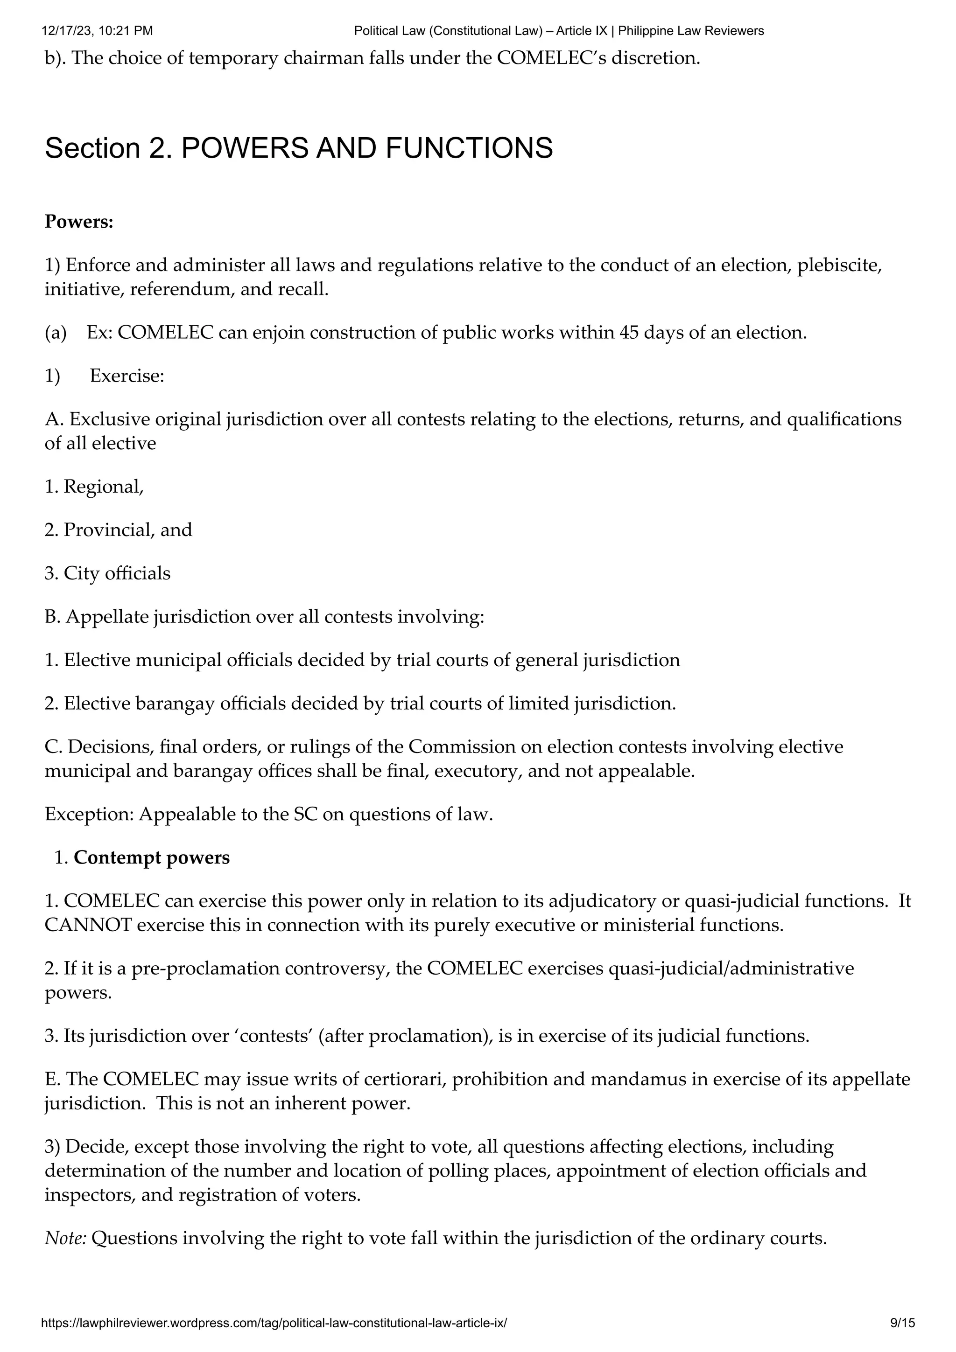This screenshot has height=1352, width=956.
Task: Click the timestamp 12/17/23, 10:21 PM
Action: coord(98,31)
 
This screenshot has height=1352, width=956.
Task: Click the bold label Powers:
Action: coord(79,222)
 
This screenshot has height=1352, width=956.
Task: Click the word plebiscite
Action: coord(839,265)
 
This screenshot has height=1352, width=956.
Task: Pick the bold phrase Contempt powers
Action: coord(151,857)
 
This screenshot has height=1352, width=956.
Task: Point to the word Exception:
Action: coord(89,815)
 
